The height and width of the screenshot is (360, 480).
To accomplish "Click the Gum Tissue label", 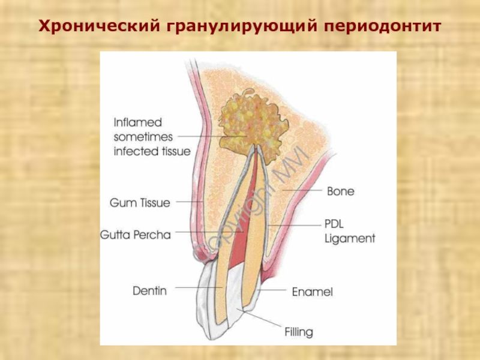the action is (140, 203).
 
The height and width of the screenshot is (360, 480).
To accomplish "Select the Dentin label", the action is (149, 291).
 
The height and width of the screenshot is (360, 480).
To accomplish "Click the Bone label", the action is (340, 191).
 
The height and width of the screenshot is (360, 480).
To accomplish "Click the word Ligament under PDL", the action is (350, 238).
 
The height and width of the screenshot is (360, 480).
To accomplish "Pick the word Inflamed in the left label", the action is (138, 122).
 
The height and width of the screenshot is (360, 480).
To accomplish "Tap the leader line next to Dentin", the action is (198, 289).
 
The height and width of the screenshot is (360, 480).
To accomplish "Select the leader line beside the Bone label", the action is (303, 190).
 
